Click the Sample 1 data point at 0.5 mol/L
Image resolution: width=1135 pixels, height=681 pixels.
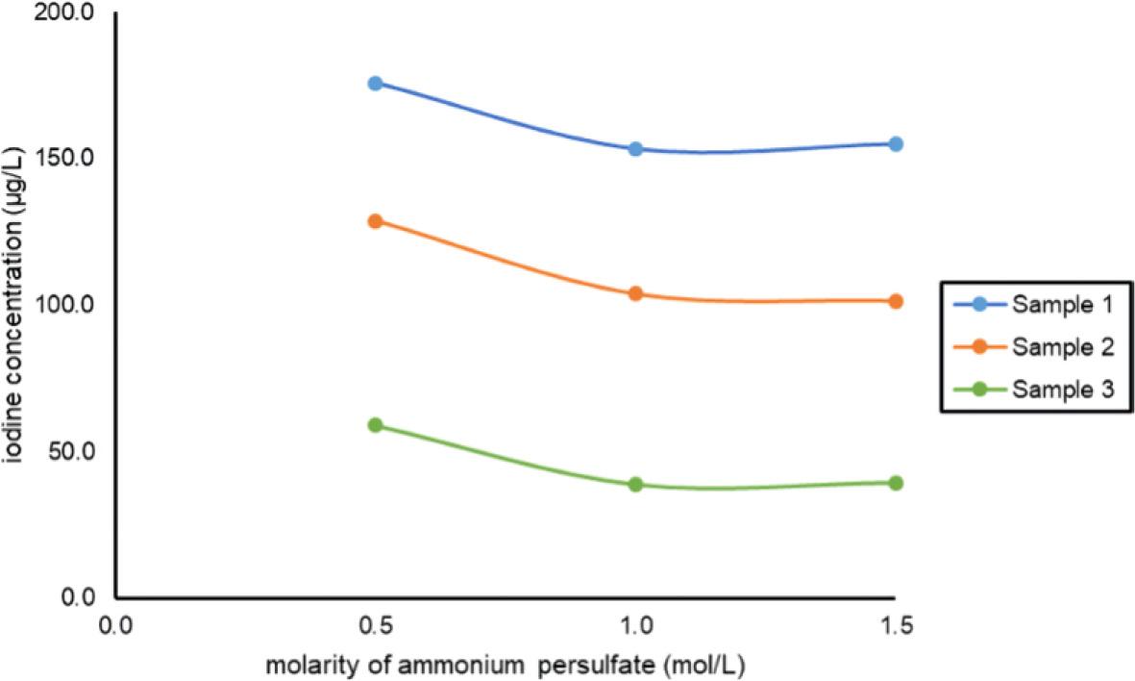point(376,84)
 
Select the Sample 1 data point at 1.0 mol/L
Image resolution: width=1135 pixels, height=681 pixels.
point(635,149)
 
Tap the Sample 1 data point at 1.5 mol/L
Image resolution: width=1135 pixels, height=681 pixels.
point(896,144)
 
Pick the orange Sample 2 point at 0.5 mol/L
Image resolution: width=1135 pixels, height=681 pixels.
point(376,221)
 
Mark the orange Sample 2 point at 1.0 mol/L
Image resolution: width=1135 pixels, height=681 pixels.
point(635,294)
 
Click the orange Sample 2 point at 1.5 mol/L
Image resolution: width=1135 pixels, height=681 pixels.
point(896,301)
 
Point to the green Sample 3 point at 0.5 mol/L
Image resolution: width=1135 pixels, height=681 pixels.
point(376,425)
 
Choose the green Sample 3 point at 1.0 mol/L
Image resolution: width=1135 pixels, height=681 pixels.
point(635,485)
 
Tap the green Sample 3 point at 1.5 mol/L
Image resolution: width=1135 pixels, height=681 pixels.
point(896,483)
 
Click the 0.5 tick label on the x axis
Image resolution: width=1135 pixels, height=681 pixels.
point(375,625)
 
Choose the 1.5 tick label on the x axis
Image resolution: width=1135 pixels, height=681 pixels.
point(895,625)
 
